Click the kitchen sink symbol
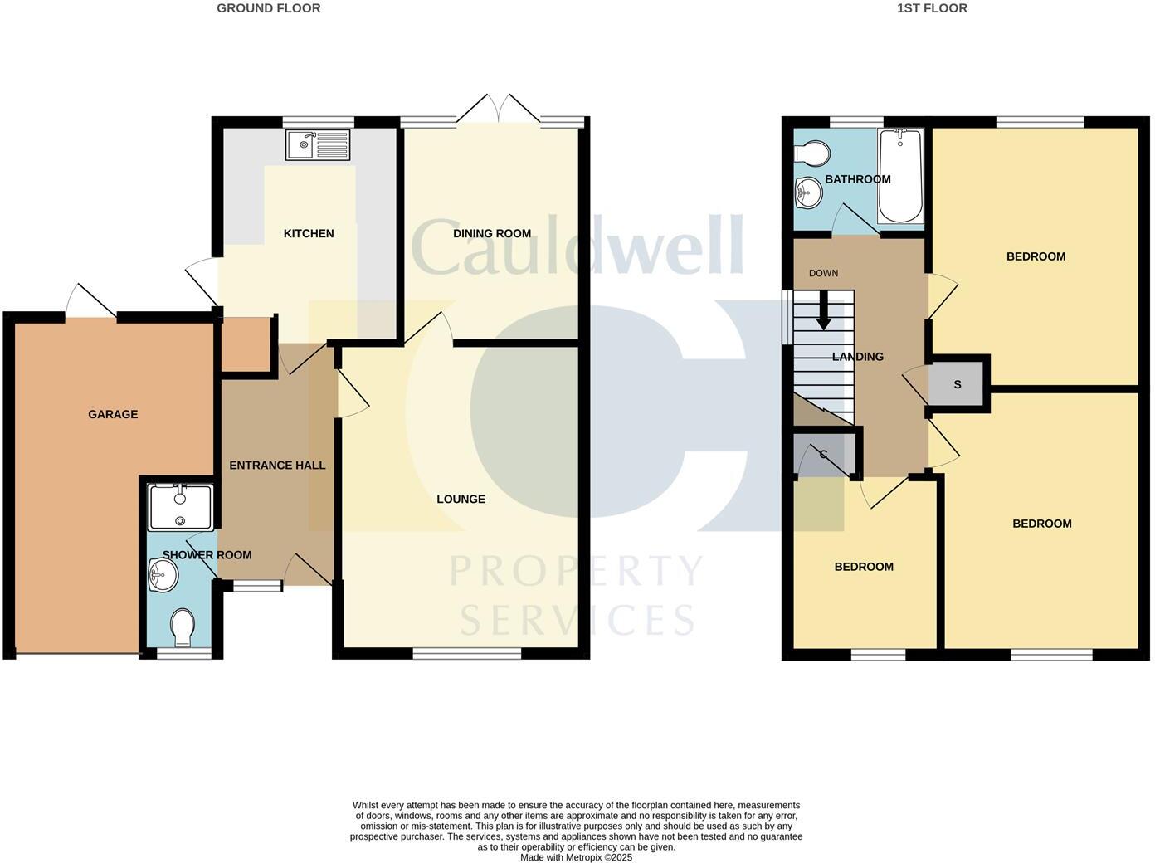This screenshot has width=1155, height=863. pos(317,145)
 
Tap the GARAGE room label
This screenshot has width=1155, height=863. pos(113,414)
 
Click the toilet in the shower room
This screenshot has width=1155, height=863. pos(181,627)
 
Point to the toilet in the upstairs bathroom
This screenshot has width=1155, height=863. pos(812,154)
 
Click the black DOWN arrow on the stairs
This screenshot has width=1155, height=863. pos(823,310)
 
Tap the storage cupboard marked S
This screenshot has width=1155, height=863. pos(958,384)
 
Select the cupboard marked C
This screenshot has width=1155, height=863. pos(824,455)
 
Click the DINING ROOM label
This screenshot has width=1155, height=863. pos(492,233)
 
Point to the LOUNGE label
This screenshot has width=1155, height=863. pos(461,499)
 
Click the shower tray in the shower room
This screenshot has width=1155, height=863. pos(180,507)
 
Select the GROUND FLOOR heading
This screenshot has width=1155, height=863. pos(268,8)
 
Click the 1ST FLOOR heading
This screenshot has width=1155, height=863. pos(932,8)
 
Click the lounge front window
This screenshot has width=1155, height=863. pos(466,654)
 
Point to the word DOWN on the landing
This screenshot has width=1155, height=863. pos(823,273)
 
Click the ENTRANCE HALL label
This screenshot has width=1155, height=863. pos(277,466)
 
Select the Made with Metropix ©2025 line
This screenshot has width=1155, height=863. pos(576,857)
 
